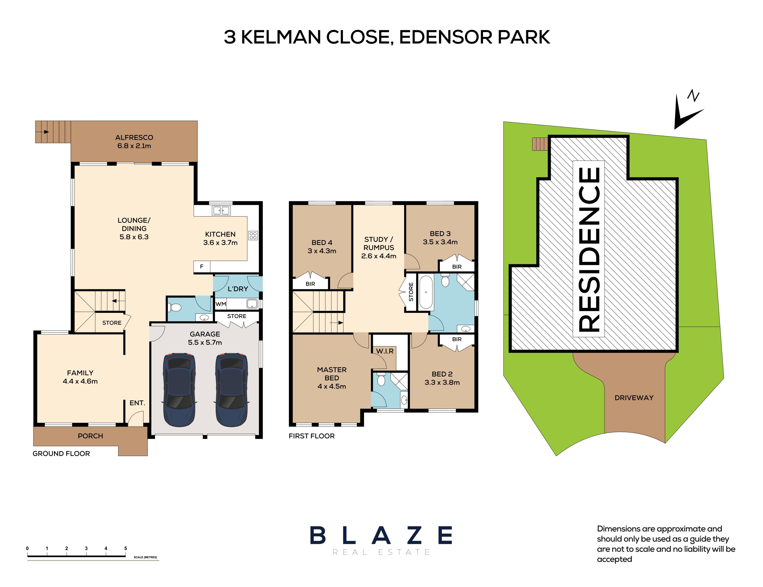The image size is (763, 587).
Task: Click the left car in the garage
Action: coord(179,390)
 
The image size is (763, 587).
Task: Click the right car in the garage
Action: coord(232,390)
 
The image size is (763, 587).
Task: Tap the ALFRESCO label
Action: coord(134,137)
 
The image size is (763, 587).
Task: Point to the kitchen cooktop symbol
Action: coord(253,235)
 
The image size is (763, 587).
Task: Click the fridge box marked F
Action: coord(202,267)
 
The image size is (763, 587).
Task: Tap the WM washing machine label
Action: coord(221,304)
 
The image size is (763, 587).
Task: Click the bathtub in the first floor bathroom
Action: coord(426,292)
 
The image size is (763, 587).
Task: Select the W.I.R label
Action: coord(385,351)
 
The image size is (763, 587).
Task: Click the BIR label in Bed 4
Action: coord(310,284)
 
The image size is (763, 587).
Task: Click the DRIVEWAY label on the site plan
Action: coord(634,398)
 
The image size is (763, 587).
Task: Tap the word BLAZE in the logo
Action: coord(381,535)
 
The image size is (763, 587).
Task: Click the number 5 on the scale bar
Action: coord(126,548)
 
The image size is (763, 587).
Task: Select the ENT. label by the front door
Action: coord(137,403)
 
